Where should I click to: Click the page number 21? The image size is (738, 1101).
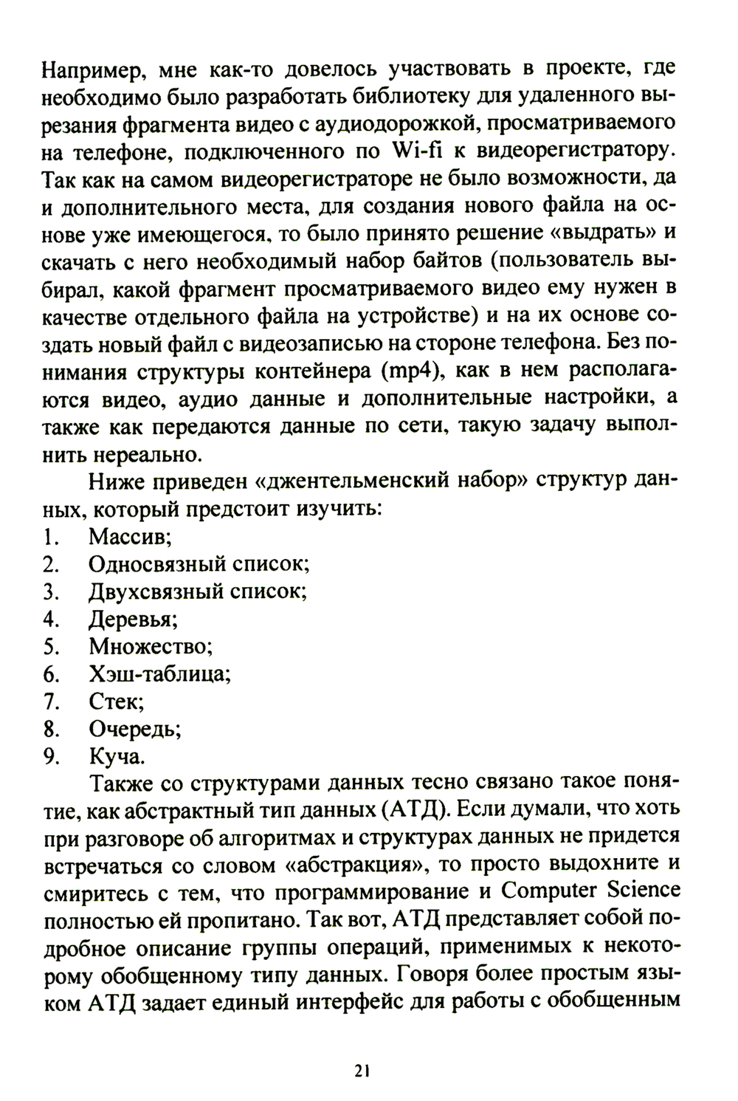coord(361,1070)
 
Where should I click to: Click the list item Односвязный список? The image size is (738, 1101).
coord(199,564)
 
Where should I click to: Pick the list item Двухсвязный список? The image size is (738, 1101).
coord(198,591)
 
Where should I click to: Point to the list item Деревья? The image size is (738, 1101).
coord(134,619)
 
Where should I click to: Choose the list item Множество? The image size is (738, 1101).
coord(151,646)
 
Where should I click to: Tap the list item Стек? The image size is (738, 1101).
coord(116,701)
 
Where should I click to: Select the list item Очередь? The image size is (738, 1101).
coord(135,729)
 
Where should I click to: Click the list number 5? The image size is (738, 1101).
coord(50,646)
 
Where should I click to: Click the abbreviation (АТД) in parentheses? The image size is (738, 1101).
coord(414,809)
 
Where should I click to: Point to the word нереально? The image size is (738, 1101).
coord(131,453)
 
